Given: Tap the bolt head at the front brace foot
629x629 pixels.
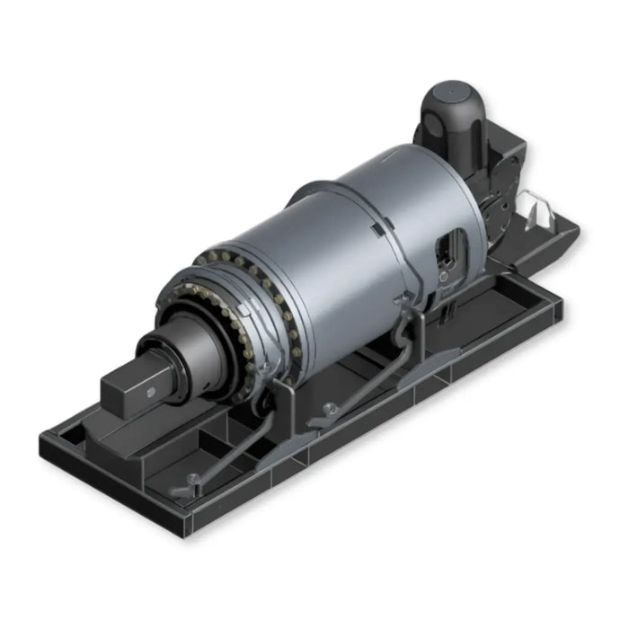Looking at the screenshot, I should pyautogui.click(x=191, y=479).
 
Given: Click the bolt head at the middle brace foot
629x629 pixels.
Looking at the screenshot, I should pyautogui.click(x=329, y=410).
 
